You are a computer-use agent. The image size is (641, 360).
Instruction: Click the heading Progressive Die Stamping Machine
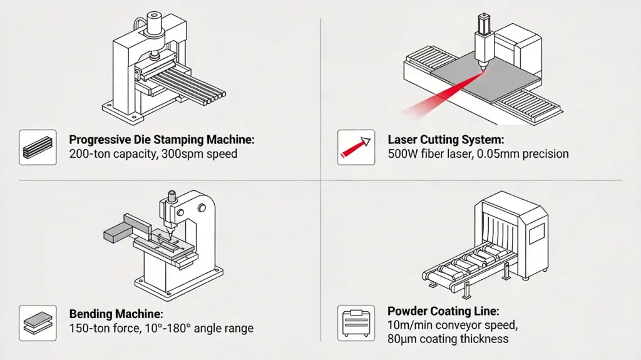[162, 140]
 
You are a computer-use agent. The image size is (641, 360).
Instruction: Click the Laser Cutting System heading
[445, 140]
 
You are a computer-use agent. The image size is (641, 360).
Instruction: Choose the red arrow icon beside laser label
[356, 148]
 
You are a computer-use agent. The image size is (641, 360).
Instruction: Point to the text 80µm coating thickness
[448, 339]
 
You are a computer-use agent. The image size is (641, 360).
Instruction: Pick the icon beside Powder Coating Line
[356, 322]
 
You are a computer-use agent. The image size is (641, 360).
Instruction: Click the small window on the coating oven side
[536, 234]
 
